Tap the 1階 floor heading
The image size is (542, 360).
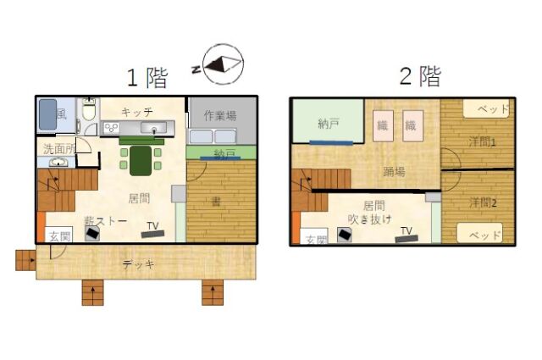[147, 79]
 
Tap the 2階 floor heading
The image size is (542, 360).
[419, 76]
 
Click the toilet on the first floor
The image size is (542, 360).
[89, 114]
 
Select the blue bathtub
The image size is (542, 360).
[48, 115]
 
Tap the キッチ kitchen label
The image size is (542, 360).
[136, 112]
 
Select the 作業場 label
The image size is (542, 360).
[219, 114]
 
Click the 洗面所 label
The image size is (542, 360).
[58, 149]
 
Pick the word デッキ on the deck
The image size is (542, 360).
[139, 264]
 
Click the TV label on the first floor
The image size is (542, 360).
[153, 226]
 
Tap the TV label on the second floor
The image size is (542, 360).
[406, 230]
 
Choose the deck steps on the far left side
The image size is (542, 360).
[25, 260]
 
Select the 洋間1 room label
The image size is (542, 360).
[482, 142]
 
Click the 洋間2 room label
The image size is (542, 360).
[482, 203]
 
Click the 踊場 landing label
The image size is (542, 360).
[394, 172]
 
